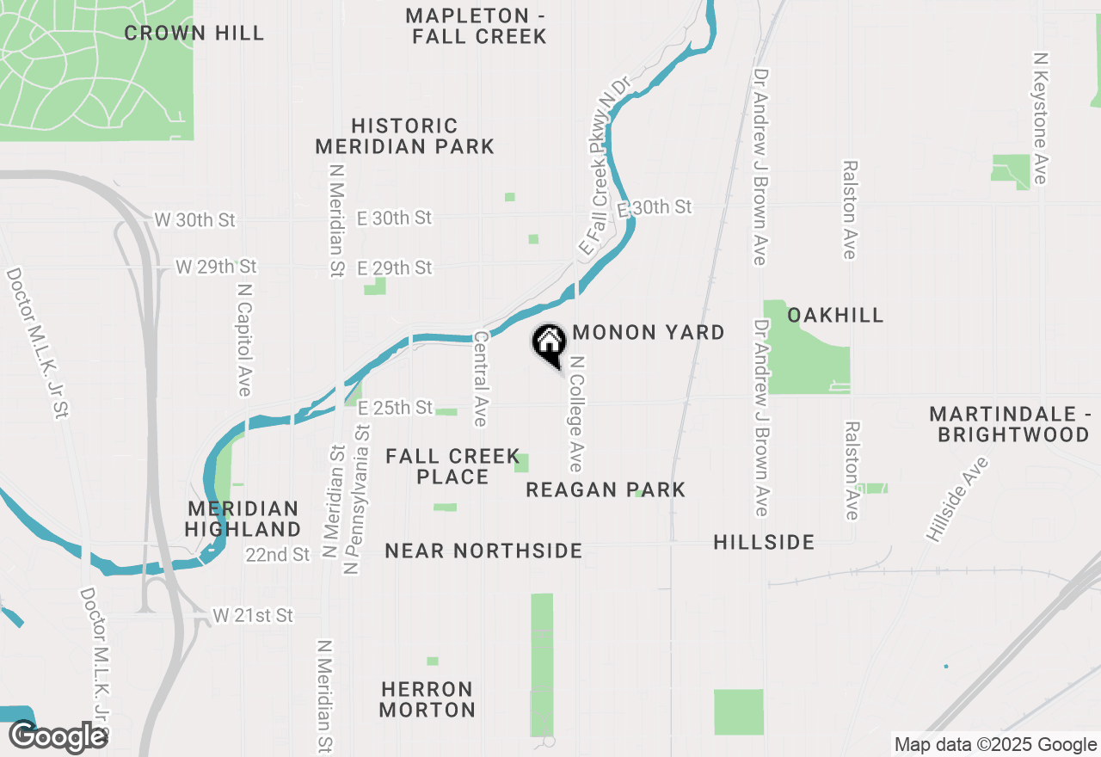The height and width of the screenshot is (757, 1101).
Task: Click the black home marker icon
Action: point(549,345)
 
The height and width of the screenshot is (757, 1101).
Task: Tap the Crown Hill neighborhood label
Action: point(194,34)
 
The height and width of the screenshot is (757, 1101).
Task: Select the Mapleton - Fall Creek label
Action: point(477,26)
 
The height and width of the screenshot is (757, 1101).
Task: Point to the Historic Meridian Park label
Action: point(404,137)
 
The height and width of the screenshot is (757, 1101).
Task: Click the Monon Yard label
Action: point(648,333)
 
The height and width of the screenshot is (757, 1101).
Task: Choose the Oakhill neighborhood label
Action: point(835,315)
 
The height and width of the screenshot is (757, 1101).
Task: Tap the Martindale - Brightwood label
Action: point(1009,425)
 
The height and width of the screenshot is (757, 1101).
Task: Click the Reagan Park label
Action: point(606,490)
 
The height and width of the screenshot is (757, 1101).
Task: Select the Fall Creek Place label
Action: point(452,466)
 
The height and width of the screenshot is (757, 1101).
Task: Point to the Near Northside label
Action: point(483,551)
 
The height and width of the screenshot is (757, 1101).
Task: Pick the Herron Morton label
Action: point(427,699)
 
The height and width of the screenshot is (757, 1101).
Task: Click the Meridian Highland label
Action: point(243,519)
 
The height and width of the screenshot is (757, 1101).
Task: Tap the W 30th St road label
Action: point(194,220)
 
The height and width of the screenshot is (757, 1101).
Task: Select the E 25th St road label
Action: point(395,408)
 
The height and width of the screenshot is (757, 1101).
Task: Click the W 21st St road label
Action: point(253,616)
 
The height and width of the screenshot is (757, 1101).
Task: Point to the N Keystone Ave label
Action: point(1041,118)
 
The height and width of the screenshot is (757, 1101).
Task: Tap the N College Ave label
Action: point(575,414)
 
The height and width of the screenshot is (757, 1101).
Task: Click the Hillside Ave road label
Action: point(956,500)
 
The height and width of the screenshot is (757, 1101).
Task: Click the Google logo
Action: point(58,736)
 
